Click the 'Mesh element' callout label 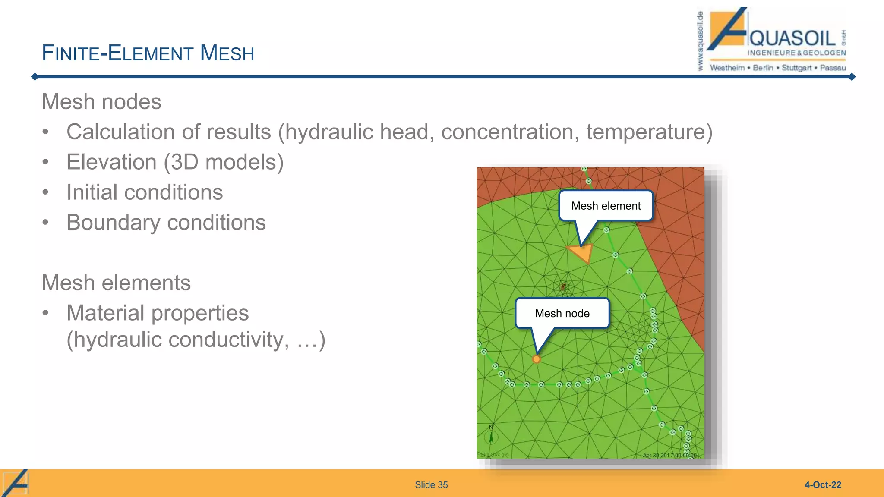(x=606, y=206)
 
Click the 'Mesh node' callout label (x=562, y=313)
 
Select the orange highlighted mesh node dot (x=537, y=359)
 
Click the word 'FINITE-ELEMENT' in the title (x=117, y=53)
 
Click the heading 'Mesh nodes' (x=101, y=102)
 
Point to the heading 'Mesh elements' (x=116, y=283)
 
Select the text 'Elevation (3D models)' (x=175, y=162)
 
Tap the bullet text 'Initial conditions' (x=145, y=192)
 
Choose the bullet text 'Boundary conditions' (x=166, y=223)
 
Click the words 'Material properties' (x=158, y=313)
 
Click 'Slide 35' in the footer (x=431, y=485)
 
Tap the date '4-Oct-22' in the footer (x=823, y=485)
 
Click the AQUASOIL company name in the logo (x=792, y=38)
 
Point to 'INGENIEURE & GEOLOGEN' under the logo (x=796, y=53)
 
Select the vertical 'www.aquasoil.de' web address (x=700, y=41)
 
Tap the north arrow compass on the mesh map (x=491, y=436)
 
